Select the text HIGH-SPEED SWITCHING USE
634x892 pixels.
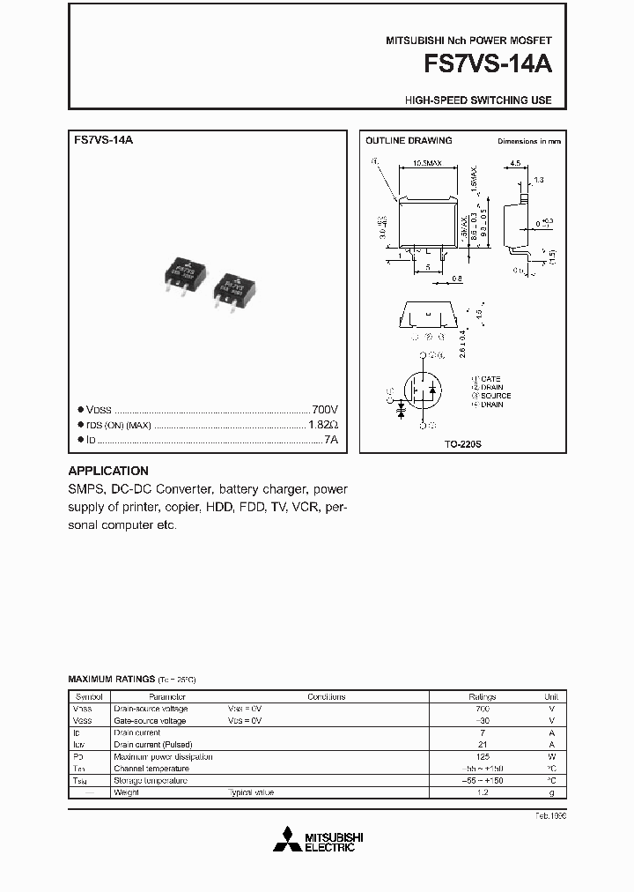coord(478,100)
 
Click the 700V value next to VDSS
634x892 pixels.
coord(324,410)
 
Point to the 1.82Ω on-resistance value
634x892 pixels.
coord(321,425)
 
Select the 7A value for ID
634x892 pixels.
coord(330,439)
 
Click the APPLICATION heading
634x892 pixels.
coord(108,471)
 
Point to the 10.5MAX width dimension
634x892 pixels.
coord(428,163)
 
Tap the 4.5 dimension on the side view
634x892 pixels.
coord(516,162)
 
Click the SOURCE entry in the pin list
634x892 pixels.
coord(495,396)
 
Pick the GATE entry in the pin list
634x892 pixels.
coord(490,379)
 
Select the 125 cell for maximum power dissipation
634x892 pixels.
coord(482,756)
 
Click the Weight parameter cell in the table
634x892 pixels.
coord(126,792)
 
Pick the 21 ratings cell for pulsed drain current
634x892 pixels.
coord(482,745)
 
